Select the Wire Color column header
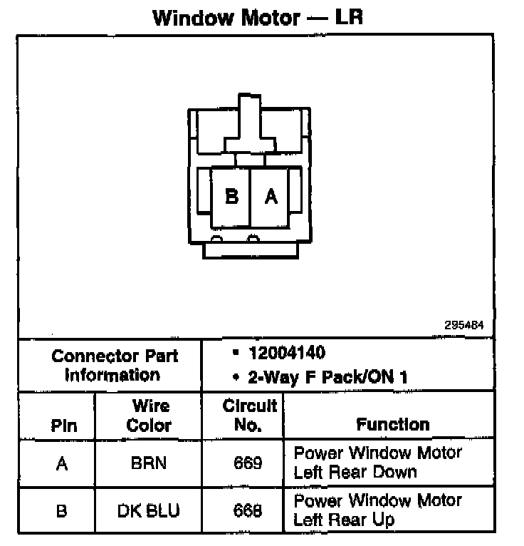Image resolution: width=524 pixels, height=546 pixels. coord(150,416)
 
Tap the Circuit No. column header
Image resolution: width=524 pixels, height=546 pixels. coord(249,416)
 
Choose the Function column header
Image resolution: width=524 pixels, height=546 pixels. coord(392,425)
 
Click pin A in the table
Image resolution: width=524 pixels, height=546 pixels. coord(62,464)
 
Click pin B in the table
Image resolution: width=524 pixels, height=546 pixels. coord(62,511)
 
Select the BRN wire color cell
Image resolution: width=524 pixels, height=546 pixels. coord(149,463)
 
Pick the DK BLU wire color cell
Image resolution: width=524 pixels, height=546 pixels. coord(149,511)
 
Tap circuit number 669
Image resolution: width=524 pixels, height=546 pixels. coord(248,463)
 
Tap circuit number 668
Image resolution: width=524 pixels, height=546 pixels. coord(248,511)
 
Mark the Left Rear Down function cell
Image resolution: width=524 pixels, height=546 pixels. coord(377,463)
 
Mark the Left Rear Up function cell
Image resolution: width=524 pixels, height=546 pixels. coord(377,510)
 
